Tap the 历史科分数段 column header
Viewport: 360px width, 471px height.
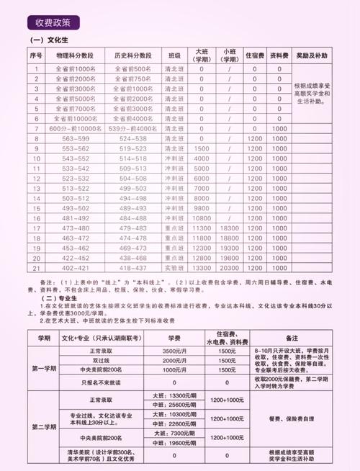pyautogui.click(x=133, y=55)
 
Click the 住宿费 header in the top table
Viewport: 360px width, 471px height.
pyautogui.click(x=253, y=55)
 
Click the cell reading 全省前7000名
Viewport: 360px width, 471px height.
pyautogui.click(x=74, y=107)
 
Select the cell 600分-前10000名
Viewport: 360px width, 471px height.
pyautogui.click(x=74, y=128)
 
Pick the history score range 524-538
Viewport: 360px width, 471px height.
pyautogui.click(x=133, y=138)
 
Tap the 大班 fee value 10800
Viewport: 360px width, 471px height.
pyautogui.click(x=202, y=217)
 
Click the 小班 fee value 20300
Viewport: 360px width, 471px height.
pyautogui.click(x=229, y=267)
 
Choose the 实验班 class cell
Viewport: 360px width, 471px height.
pyautogui.click(x=174, y=267)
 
